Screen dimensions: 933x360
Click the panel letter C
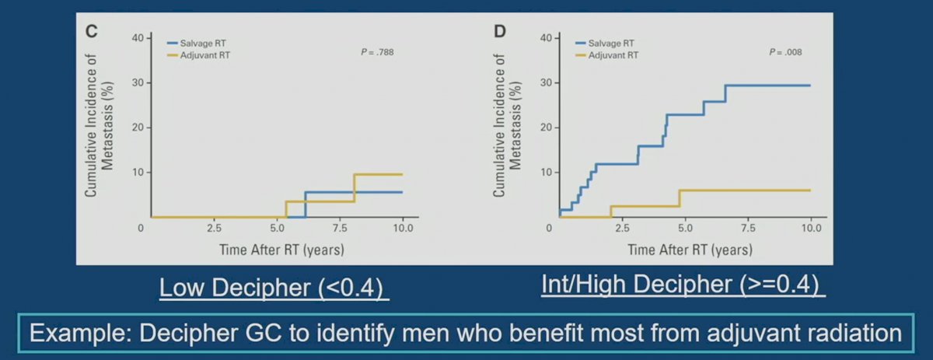91,31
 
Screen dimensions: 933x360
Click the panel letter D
500,31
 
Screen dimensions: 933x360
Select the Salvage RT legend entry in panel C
197,44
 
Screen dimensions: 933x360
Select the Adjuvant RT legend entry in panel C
198,55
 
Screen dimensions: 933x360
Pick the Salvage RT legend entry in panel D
605,44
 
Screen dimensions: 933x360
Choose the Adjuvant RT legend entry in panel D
606,55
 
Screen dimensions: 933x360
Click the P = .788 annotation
377,52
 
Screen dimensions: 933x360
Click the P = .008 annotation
785,52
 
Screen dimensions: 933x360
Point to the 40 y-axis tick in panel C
138,38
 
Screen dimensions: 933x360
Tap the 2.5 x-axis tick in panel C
214,229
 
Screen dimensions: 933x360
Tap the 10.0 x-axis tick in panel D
812,229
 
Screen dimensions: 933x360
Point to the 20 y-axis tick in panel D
546,128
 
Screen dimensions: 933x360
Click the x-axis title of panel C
281,250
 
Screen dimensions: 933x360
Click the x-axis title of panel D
690,250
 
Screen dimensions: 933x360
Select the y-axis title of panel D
507,125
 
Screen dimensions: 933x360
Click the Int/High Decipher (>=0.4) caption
680,285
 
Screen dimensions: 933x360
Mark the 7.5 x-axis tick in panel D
748,229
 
